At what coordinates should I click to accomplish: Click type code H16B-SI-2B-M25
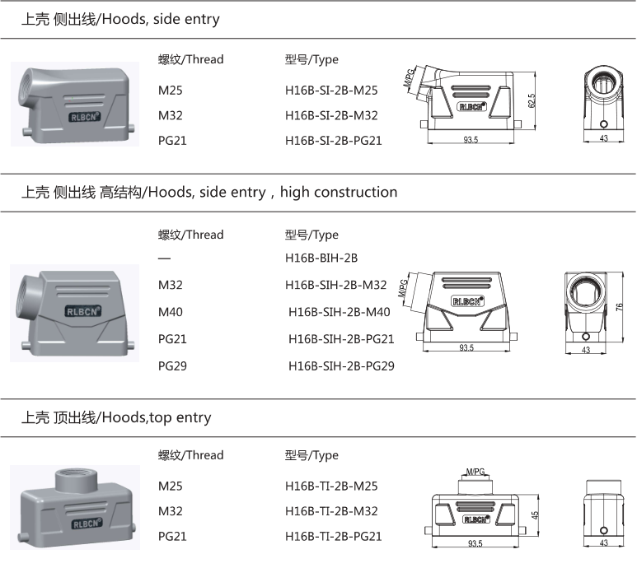(331, 91)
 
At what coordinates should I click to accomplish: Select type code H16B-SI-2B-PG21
(334, 141)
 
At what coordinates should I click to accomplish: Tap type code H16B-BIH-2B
(321, 258)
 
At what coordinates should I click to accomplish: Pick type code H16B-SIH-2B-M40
(339, 312)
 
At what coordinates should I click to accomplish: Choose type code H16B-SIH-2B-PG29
(341, 365)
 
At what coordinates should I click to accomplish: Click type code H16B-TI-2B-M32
(331, 511)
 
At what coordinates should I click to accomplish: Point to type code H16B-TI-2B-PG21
(334, 537)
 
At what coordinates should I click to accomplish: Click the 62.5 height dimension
(532, 100)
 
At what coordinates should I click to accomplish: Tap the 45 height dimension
(534, 515)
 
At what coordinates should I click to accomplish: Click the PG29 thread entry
(173, 365)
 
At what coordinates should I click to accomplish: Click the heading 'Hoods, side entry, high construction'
(208, 193)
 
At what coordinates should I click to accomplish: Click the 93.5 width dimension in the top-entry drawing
(475, 544)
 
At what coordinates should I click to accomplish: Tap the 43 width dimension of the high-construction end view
(586, 350)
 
